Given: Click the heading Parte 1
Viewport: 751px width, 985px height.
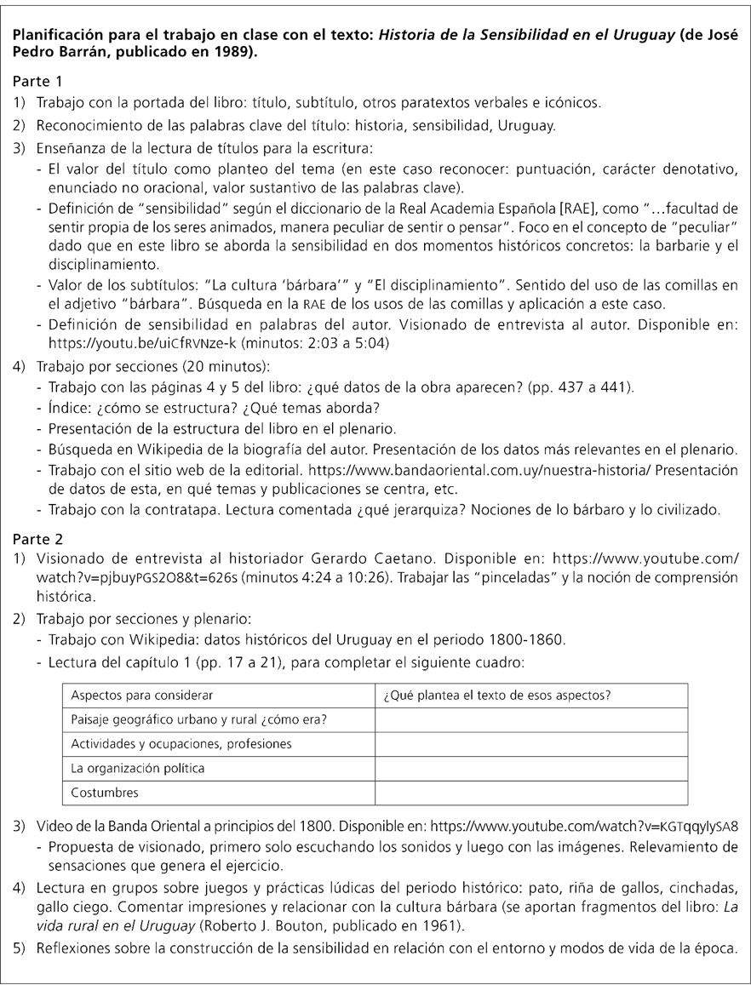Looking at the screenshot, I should (37, 83).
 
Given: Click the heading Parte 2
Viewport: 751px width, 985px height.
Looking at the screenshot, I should (37, 539).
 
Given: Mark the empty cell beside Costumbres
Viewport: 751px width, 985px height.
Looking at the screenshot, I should (530, 793).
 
